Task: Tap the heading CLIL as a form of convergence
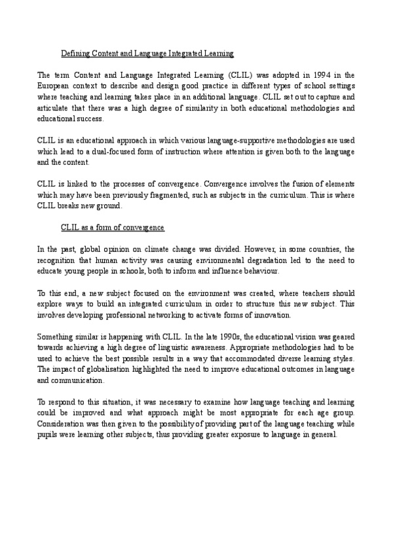tap(113, 227)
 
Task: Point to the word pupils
tap(49, 435)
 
